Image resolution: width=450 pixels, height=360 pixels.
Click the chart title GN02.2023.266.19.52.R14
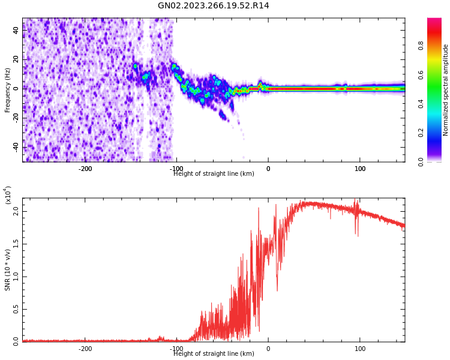213,6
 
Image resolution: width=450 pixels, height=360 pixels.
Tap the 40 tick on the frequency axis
16,31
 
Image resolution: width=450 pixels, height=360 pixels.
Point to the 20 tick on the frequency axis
16,59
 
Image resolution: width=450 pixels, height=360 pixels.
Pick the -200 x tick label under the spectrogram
85,169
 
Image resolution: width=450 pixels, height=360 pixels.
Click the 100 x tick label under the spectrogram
360,169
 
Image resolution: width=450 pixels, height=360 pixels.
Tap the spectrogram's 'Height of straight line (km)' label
214,174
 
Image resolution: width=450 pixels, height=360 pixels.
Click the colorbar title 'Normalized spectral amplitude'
446,90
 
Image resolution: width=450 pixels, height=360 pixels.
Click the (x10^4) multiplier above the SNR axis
8,196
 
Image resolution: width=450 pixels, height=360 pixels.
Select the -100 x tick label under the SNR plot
176,349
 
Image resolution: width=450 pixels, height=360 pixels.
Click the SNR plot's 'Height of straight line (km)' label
214,354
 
